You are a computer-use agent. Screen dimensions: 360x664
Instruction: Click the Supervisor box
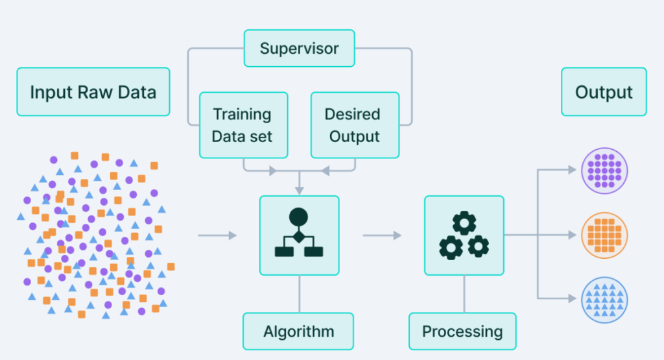tap(299, 48)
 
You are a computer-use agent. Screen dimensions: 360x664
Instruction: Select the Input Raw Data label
tap(93, 92)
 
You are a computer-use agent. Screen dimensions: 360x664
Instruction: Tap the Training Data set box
tap(243, 125)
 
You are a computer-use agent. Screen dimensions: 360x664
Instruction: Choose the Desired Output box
tap(355, 125)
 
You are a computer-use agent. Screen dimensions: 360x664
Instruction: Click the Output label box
tap(604, 92)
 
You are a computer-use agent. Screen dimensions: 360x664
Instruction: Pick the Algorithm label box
tap(298, 331)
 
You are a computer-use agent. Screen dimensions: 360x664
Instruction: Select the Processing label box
tap(462, 331)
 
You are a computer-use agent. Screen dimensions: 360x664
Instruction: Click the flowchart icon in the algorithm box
tap(299, 234)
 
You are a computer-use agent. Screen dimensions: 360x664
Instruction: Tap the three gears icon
tap(464, 235)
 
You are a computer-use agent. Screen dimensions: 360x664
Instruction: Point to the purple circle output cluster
tap(604, 171)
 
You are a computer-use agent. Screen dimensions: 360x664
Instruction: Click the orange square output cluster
tap(604, 235)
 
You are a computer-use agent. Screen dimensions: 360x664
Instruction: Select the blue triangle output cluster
tap(604, 299)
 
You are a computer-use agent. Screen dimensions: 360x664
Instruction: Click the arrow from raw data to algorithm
tap(217, 235)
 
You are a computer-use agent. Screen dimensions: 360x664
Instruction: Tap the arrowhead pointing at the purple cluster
tap(571, 170)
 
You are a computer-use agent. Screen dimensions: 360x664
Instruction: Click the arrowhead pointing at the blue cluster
tap(571, 298)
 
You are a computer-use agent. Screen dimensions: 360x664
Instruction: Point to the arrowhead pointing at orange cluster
tap(571, 235)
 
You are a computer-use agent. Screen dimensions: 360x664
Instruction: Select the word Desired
tap(352, 115)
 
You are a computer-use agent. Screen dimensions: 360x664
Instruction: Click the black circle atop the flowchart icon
tap(298, 216)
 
